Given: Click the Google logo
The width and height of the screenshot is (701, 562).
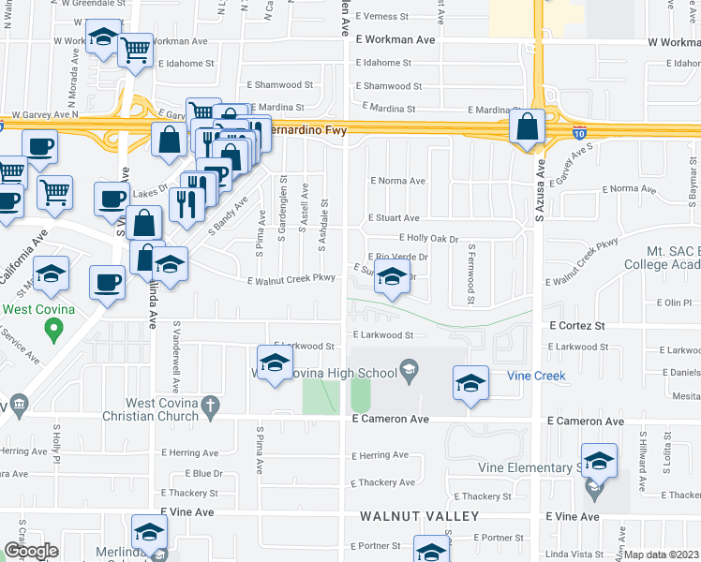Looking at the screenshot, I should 30,551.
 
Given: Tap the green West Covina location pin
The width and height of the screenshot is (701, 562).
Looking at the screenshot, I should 53,329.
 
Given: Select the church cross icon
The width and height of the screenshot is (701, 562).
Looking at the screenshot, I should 211,407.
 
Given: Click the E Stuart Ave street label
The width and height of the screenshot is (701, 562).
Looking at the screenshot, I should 394,217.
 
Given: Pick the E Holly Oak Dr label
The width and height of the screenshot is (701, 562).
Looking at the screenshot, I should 428,239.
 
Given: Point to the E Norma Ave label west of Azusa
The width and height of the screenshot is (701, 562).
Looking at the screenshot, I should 397,181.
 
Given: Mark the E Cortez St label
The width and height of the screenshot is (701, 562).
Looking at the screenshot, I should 577,325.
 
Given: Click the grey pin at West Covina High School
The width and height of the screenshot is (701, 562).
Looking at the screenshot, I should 408,371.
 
